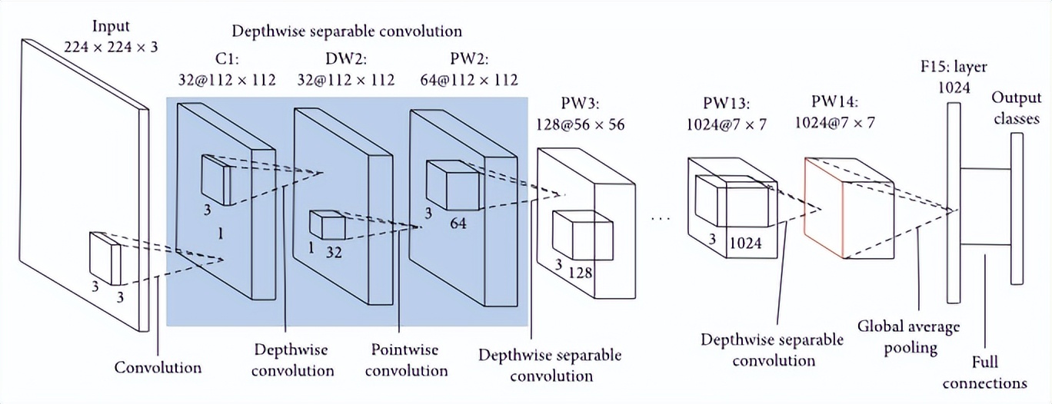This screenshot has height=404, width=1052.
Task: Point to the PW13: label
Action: (x=727, y=103)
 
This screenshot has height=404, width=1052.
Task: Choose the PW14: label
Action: (x=835, y=101)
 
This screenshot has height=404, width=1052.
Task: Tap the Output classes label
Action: (x=1015, y=108)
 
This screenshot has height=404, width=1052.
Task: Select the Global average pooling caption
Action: (x=909, y=336)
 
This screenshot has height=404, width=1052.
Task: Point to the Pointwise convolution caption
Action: (x=405, y=359)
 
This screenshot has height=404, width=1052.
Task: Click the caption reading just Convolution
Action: (x=158, y=367)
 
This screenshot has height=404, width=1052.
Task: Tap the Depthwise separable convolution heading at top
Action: (x=347, y=31)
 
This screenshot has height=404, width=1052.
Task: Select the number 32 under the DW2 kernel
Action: (x=334, y=250)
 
